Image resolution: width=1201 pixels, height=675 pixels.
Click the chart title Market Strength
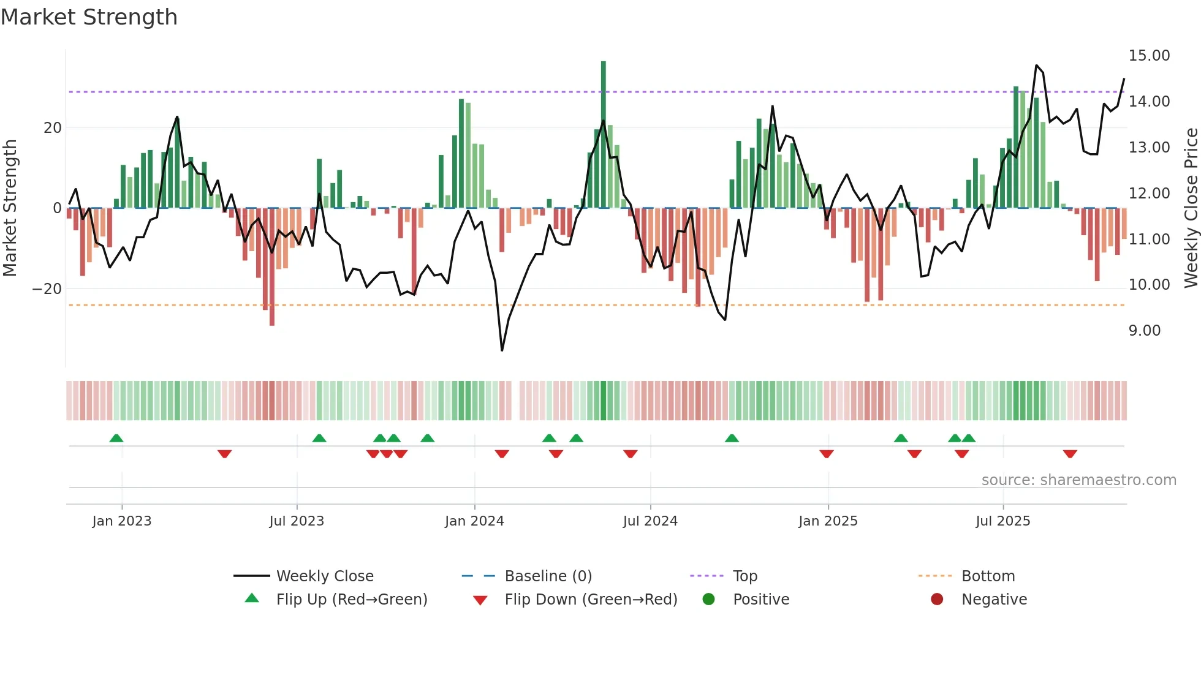click(89, 17)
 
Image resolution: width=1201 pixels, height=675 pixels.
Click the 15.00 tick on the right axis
click(1149, 56)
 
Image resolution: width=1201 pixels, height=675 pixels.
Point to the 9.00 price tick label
click(1144, 331)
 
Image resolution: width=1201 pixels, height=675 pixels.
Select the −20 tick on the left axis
click(47, 289)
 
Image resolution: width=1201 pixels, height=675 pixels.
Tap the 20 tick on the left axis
click(53, 128)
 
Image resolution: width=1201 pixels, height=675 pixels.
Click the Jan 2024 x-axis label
click(474, 521)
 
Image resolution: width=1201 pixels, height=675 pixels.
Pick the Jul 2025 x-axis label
click(1002, 521)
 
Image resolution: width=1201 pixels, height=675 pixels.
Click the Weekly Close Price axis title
click(1191, 208)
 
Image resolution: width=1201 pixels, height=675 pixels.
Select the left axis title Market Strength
click(10, 208)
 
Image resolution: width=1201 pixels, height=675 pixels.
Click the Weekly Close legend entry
click(324, 576)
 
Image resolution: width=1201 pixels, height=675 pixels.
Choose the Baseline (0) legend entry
click(548, 576)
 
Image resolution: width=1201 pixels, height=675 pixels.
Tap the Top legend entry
click(744, 576)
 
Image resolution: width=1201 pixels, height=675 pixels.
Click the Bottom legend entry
click(988, 576)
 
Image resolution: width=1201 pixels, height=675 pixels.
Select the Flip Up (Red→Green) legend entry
click(351, 600)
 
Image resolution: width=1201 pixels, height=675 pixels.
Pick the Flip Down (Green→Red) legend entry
click(590, 600)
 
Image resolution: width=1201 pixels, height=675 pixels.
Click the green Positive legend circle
click(708, 600)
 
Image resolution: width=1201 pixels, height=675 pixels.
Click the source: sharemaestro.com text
click(1078, 480)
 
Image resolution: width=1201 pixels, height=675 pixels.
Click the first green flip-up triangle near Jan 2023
click(116, 438)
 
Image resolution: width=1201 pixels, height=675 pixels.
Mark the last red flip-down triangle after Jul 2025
click(1070, 454)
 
